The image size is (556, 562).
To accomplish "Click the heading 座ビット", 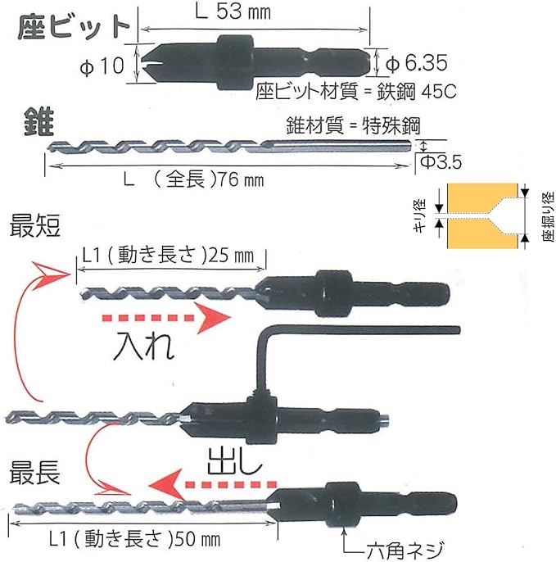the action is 74,26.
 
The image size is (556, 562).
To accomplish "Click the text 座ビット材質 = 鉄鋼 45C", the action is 355,90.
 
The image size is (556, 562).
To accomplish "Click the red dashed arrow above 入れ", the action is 155,318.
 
